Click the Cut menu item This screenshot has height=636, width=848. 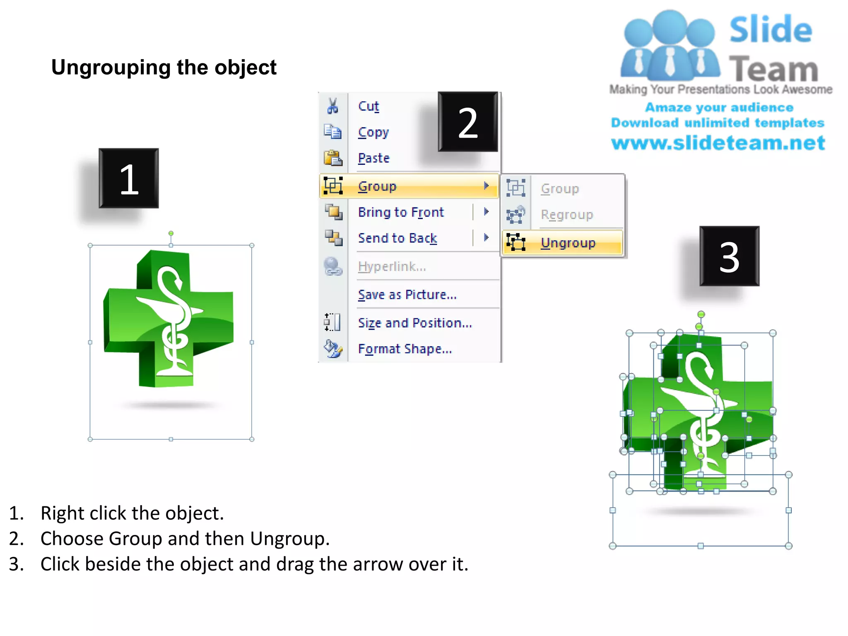(368, 106)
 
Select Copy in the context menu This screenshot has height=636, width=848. (373, 132)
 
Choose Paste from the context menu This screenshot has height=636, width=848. (373, 158)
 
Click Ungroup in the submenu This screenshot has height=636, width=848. (568, 243)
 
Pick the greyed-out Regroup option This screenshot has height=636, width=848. (566, 215)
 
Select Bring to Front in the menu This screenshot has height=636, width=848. (400, 212)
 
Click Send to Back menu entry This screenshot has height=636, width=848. (397, 238)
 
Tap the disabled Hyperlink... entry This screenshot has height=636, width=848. (392, 267)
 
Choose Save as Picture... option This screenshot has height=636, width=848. (407, 295)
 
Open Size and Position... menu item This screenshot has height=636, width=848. (414, 323)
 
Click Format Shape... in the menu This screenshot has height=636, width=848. (405, 349)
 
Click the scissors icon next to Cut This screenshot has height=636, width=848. (332, 106)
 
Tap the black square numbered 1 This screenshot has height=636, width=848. (129, 178)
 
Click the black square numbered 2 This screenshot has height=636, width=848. (468, 122)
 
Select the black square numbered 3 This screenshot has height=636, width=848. (729, 256)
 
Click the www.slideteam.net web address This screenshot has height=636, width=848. (718, 143)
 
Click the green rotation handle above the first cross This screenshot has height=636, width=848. (171, 234)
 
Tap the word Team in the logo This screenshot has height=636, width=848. (773, 69)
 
